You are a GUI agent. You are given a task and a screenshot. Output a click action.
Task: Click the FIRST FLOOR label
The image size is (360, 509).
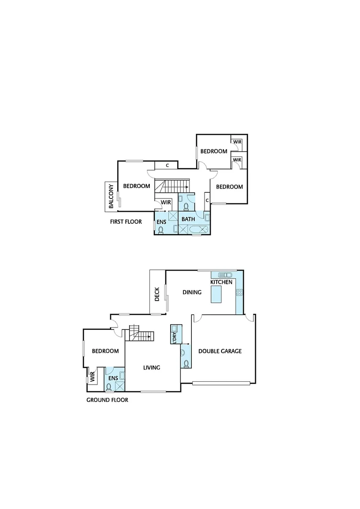(126, 221)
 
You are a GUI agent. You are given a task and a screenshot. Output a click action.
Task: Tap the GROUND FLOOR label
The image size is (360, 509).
(107, 400)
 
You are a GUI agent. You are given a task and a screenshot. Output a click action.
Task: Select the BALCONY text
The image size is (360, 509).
(112, 196)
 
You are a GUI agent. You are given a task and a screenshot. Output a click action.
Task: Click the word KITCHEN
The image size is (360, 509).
(221, 282)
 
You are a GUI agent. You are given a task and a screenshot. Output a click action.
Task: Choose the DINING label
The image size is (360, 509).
(192, 292)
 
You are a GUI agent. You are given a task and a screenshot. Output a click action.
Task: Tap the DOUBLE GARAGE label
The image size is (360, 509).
(220, 351)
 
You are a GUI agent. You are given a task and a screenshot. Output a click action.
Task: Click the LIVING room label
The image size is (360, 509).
(152, 368)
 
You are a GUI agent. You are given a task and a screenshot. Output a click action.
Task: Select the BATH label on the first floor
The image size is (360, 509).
(188, 219)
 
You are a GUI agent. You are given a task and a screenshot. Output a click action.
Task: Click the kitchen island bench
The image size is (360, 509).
(216, 295)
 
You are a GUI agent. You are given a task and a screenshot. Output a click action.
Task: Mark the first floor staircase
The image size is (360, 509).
(172, 186)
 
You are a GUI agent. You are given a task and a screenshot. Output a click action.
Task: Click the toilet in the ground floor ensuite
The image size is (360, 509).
(109, 387)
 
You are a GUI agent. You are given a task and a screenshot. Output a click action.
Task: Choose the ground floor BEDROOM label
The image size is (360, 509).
(105, 351)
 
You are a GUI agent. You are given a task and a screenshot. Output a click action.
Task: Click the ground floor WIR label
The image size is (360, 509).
(92, 377)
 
